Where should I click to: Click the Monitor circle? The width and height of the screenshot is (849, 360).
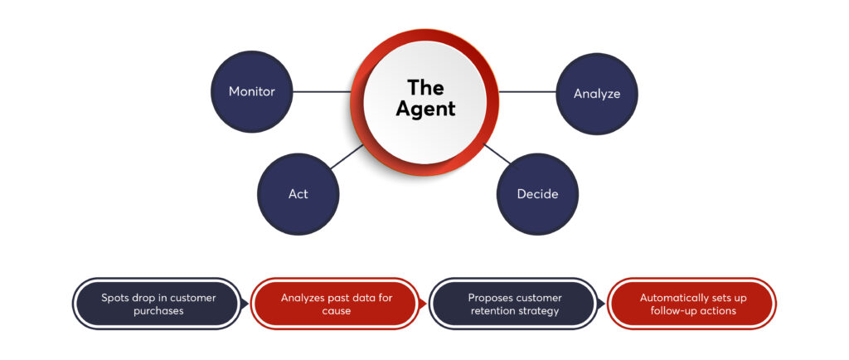pyautogui.click(x=251, y=91)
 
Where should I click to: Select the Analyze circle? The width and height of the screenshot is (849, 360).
pyautogui.click(x=596, y=94)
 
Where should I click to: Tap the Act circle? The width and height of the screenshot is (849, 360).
pyautogui.click(x=298, y=193)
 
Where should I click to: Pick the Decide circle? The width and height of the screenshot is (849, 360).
pyautogui.click(x=537, y=194)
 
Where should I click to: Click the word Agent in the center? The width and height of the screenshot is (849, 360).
pyautogui.click(x=425, y=109)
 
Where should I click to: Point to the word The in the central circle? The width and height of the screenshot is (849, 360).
pyautogui.click(x=425, y=87)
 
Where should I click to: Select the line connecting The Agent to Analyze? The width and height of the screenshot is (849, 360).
pyautogui.click(x=528, y=92)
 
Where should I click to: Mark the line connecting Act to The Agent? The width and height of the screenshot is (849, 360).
pyautogui.click(x=346, y=158)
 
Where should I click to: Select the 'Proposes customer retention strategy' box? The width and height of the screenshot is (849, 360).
pyautogui.click(x=514, y=304)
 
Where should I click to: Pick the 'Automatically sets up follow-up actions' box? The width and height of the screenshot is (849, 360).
pyautogui.click(x=692, y=304)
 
